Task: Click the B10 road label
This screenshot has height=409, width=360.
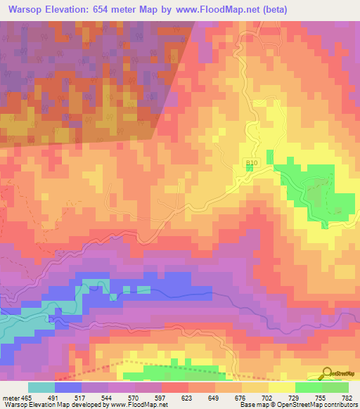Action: [252, 163]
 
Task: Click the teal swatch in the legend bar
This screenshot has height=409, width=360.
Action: [41, 387]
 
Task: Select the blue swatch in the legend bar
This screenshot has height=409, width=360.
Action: [68, 387]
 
